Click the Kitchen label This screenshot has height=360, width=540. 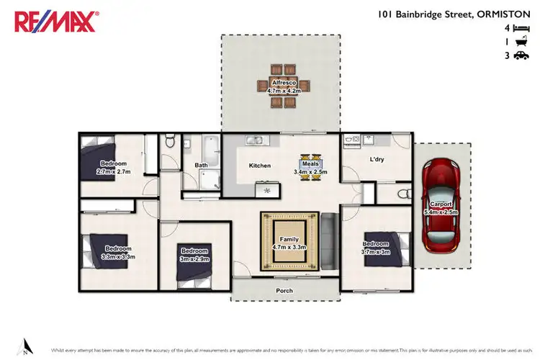coord(260,166)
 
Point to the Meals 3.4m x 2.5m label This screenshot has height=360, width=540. coord(310,168)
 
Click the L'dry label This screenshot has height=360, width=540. coord(377,159)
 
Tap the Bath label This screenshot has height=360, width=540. coord(202,166)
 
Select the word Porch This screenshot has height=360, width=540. coord(284,292)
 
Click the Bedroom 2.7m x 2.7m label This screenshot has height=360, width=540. coord(114,167)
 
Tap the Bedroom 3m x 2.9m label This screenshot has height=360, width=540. coord(194,254)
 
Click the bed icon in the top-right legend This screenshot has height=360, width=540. coord(519,27)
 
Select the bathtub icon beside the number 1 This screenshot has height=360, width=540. coord(520,42)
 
